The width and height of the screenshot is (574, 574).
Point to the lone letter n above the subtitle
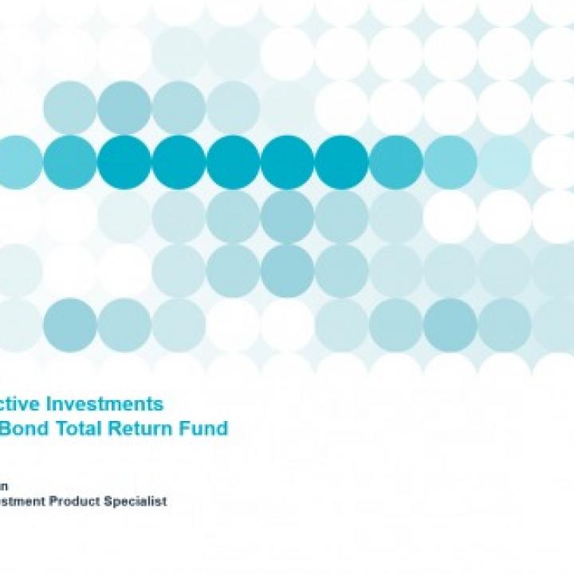click(x=5, y=486)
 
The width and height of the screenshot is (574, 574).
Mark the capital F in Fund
click(x=191, y=428)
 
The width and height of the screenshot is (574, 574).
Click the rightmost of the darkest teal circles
click(x=341, y=162)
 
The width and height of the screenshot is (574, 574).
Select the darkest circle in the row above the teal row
click(x=124, y=108)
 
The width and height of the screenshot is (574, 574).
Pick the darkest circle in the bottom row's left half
click(x=70, y=324)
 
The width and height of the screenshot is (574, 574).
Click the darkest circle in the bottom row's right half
click(x=450, y=324)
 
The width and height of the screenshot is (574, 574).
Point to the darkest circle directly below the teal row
click(x=287, y=216)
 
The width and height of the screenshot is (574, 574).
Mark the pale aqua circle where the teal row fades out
click(x=504, y=162)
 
